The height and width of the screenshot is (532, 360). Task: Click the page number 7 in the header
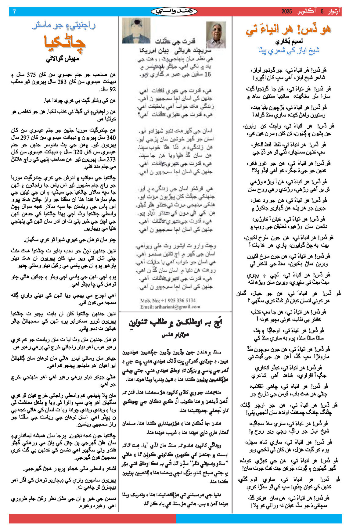(x=14, y=12)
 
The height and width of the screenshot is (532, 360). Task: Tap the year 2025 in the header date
(x=286, y=12)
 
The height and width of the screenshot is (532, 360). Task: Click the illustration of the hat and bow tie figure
(x=136, y=31)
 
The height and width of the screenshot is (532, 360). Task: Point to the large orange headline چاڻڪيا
(x=65, y=44)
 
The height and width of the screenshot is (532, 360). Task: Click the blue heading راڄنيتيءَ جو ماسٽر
(x=64, y=26)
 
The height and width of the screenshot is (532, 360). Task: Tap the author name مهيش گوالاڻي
(x=63, y=59)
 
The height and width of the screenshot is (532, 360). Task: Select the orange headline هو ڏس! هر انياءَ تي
(x=288, y=30)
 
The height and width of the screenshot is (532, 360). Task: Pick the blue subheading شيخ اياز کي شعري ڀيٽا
(x=289, y=51)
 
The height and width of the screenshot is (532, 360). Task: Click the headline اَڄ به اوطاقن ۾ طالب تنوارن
(x=175, y=323)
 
